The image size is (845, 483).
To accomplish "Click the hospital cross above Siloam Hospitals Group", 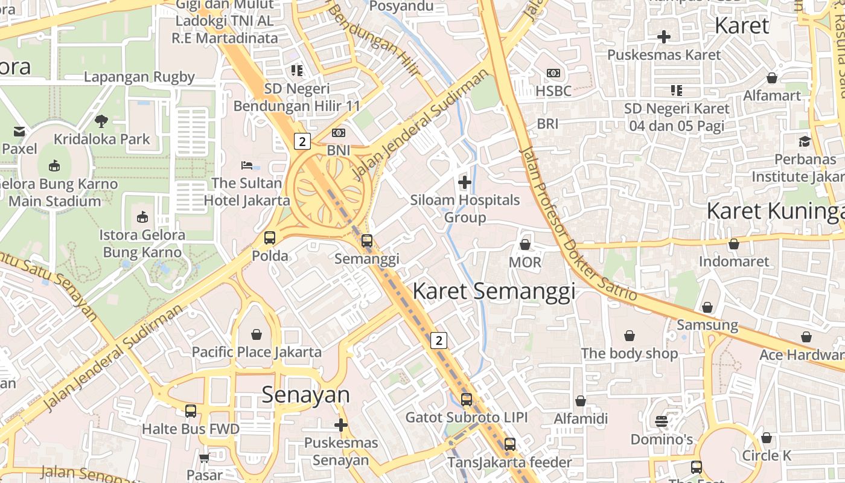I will tap(465, 182).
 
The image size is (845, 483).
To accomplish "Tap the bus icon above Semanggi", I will tap(366, 241).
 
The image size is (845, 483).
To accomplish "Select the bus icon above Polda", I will tap(270, 237).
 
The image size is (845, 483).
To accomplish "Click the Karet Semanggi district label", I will tap(493, 292).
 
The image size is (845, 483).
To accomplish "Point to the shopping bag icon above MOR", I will tap(525, 245).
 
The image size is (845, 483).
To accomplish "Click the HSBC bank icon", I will tap(553, 73).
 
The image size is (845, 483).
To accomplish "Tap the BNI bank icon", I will tap(339, 132).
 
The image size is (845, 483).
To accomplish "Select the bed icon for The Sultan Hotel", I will tap(247, 165).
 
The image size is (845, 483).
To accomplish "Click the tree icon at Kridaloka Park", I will tap(101, 121).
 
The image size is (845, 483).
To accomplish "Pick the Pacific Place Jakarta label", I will tap(257, 352).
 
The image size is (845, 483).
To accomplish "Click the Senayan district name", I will tap(305, 395).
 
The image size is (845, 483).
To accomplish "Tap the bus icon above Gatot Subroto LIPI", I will tap(467, 399).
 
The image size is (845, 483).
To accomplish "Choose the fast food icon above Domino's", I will tap(662, 421).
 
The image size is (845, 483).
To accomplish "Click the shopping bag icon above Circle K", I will tap(767, 437).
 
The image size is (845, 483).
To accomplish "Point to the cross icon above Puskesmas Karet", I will tap(664, 37).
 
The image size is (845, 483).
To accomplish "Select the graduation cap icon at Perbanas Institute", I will tap(805, 141).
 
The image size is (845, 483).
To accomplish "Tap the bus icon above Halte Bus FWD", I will tap(191, 411).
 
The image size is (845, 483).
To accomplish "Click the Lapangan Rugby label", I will tap(139, 77).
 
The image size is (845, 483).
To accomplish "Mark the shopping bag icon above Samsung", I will tap(707, 307).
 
